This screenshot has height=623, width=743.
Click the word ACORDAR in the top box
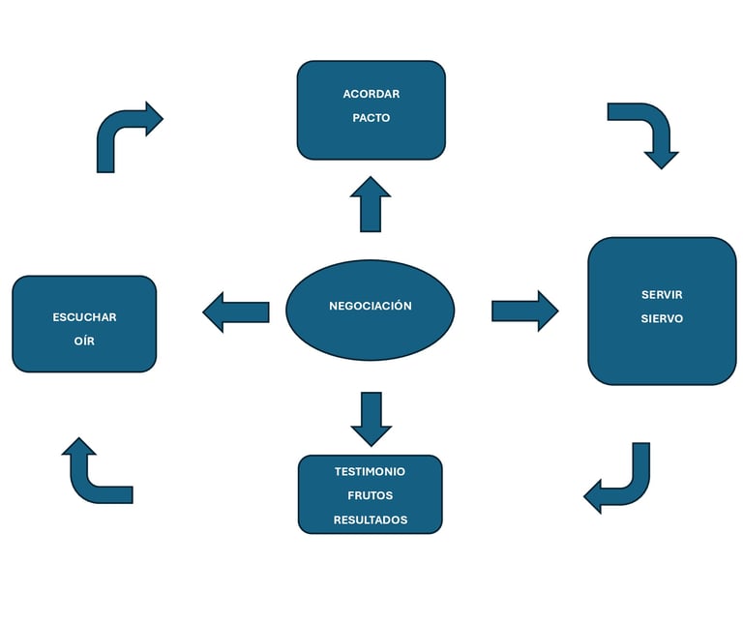coord(371,94)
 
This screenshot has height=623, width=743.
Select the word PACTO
coord(371,118)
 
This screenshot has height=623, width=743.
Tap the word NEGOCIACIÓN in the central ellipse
coord(371,306)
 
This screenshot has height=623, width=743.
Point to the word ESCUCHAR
coord(84,317)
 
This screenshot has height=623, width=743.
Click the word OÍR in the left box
coord(84,341)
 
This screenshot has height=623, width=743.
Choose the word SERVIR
coord(662,295)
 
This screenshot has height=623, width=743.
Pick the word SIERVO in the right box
coord(662,318)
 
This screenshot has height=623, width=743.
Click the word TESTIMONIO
coord(371,471)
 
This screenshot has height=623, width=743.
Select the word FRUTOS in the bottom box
coord(371,495)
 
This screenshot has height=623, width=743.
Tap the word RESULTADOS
coord(371,519)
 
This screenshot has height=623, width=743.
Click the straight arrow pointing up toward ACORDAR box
coord(371,204)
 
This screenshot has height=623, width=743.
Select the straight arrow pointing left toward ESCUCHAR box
coord(236,312)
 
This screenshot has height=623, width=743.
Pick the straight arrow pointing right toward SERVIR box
coord(525,311)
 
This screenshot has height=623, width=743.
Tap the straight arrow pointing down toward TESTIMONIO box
coord(371,419)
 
